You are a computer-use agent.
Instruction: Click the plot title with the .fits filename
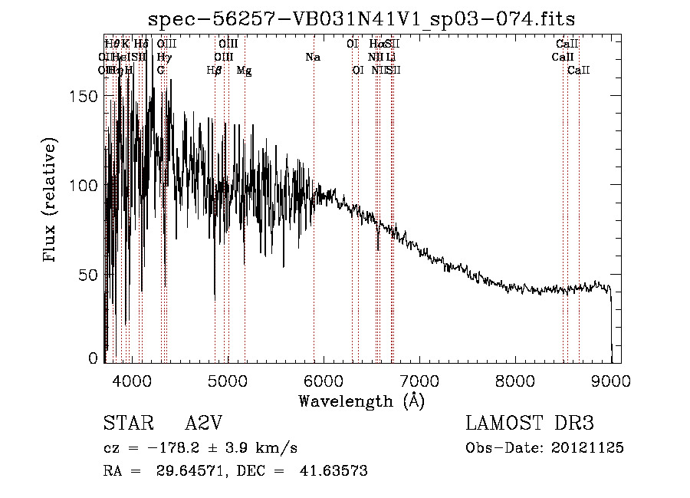(x=361, y=18)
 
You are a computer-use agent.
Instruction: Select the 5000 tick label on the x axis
(x=227, y=381)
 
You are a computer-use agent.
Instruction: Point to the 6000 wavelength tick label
(x=323, y=381)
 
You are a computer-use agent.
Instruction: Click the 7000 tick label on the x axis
(x=419, y=381)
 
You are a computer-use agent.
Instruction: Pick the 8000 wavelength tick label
(x=515, y=381)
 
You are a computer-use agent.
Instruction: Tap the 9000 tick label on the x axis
(x=611, y=381)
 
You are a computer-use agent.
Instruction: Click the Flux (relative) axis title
(x=52, y=201)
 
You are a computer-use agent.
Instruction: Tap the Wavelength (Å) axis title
(x=361, y=401)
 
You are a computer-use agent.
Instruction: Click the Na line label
(x=313, y=58)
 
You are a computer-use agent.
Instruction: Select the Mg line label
(x=244, y=71)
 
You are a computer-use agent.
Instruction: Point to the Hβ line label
(x=215, y=71)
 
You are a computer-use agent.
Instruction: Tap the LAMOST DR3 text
(x=530, y=424)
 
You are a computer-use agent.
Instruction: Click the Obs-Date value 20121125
(x=590, y=448)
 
